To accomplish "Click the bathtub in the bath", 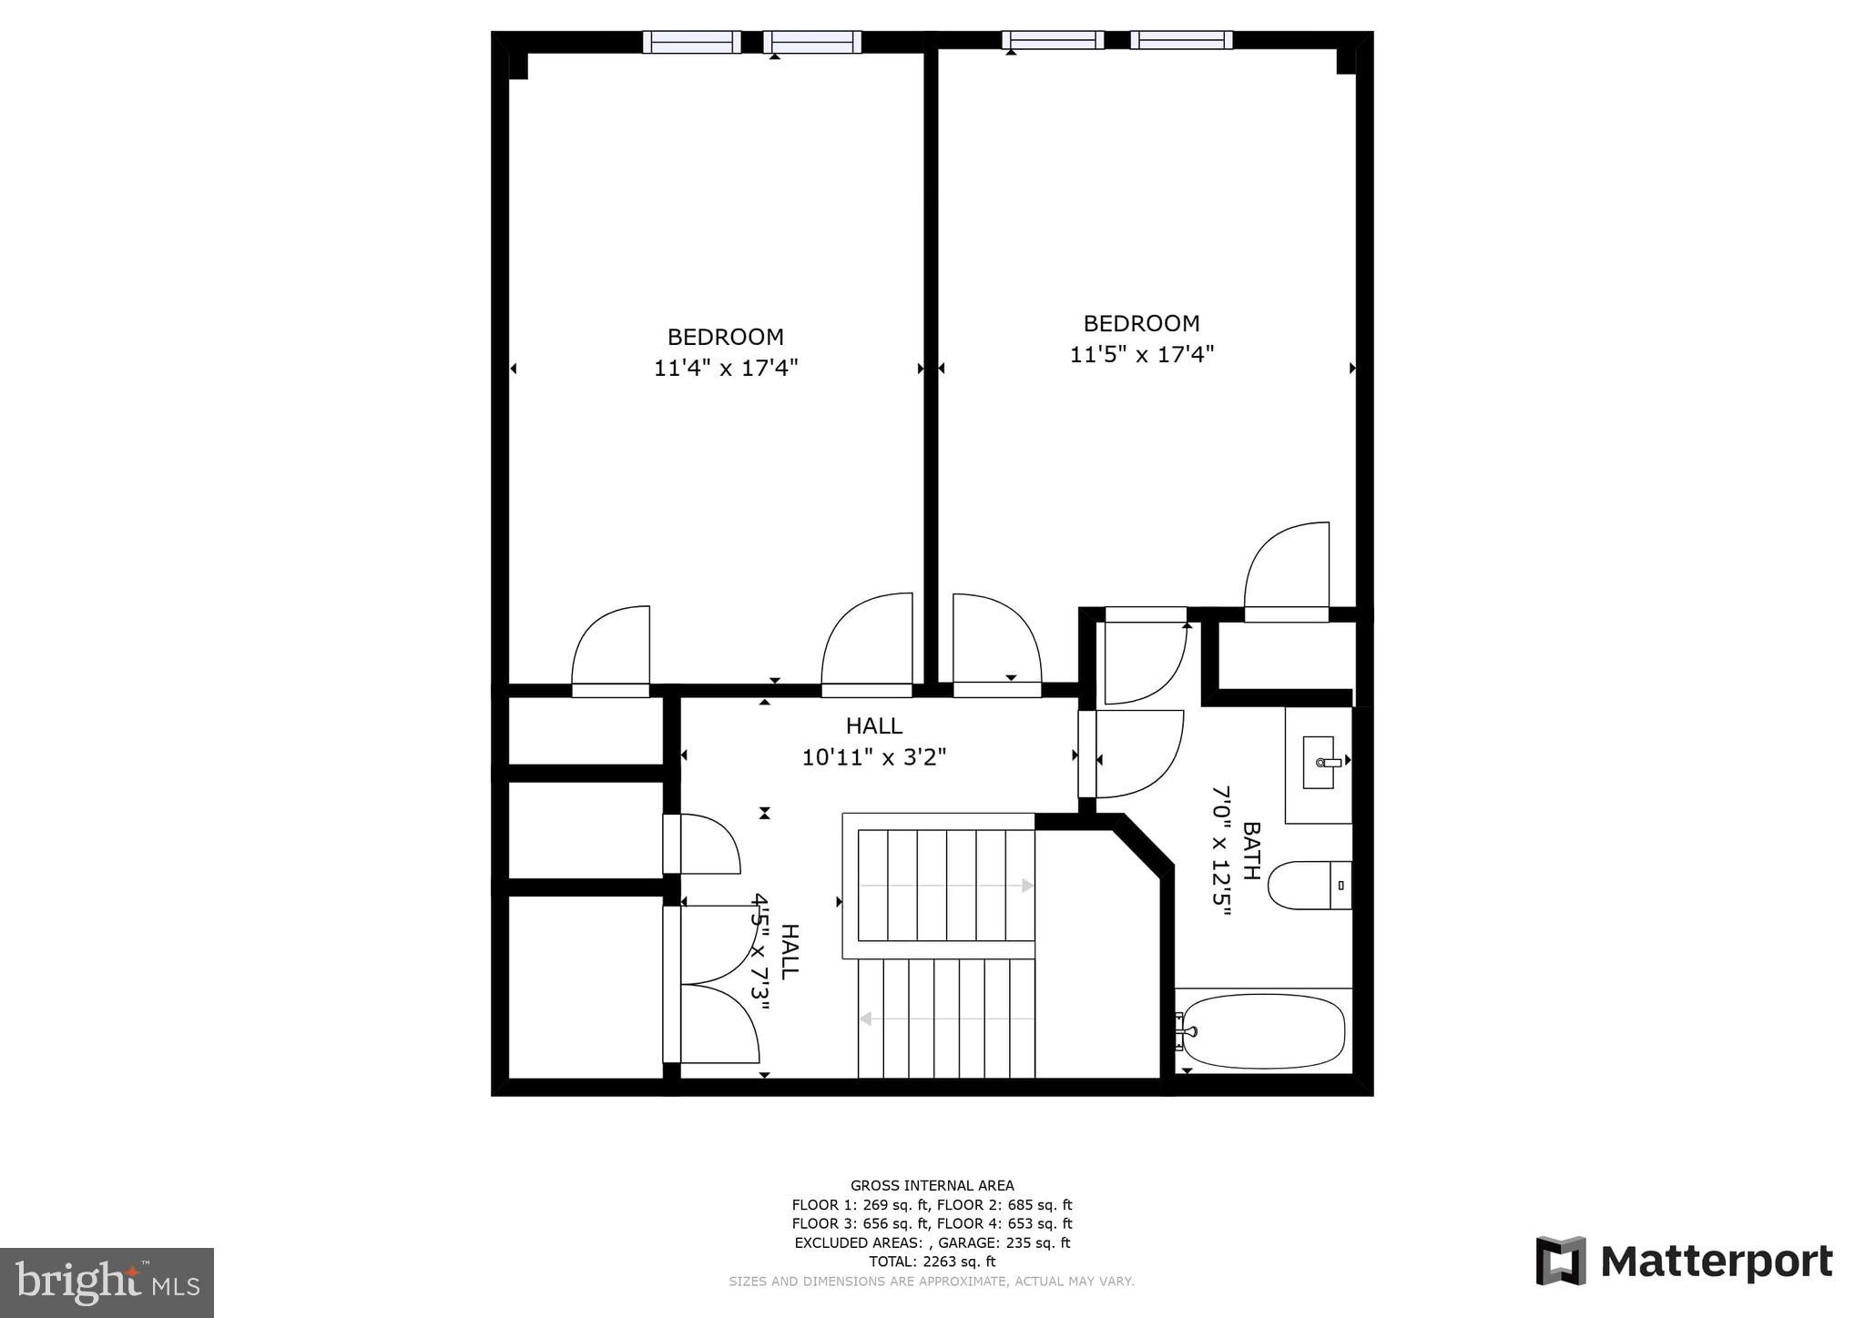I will [1262, 1030].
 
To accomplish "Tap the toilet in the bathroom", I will [1308, 885].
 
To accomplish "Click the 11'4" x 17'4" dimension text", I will [726, 368].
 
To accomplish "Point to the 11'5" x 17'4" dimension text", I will [1141, 354].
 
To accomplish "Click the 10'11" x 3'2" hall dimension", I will [873, 757].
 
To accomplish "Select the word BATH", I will [1251, 850].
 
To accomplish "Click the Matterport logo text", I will [1716, 1262].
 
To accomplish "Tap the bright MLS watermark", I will [107, 1283].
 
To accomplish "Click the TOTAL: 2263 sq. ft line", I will [932, 1262].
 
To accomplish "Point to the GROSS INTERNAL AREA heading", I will [932, 1185].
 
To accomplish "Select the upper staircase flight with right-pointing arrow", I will [945, 885].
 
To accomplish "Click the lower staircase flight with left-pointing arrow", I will [945, 1019].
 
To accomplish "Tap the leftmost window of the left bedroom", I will [692, 42].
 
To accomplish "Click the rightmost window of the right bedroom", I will [1181, 40].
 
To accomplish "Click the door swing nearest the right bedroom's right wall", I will [1286, 569].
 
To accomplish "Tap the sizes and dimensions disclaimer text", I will [932, 1282].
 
